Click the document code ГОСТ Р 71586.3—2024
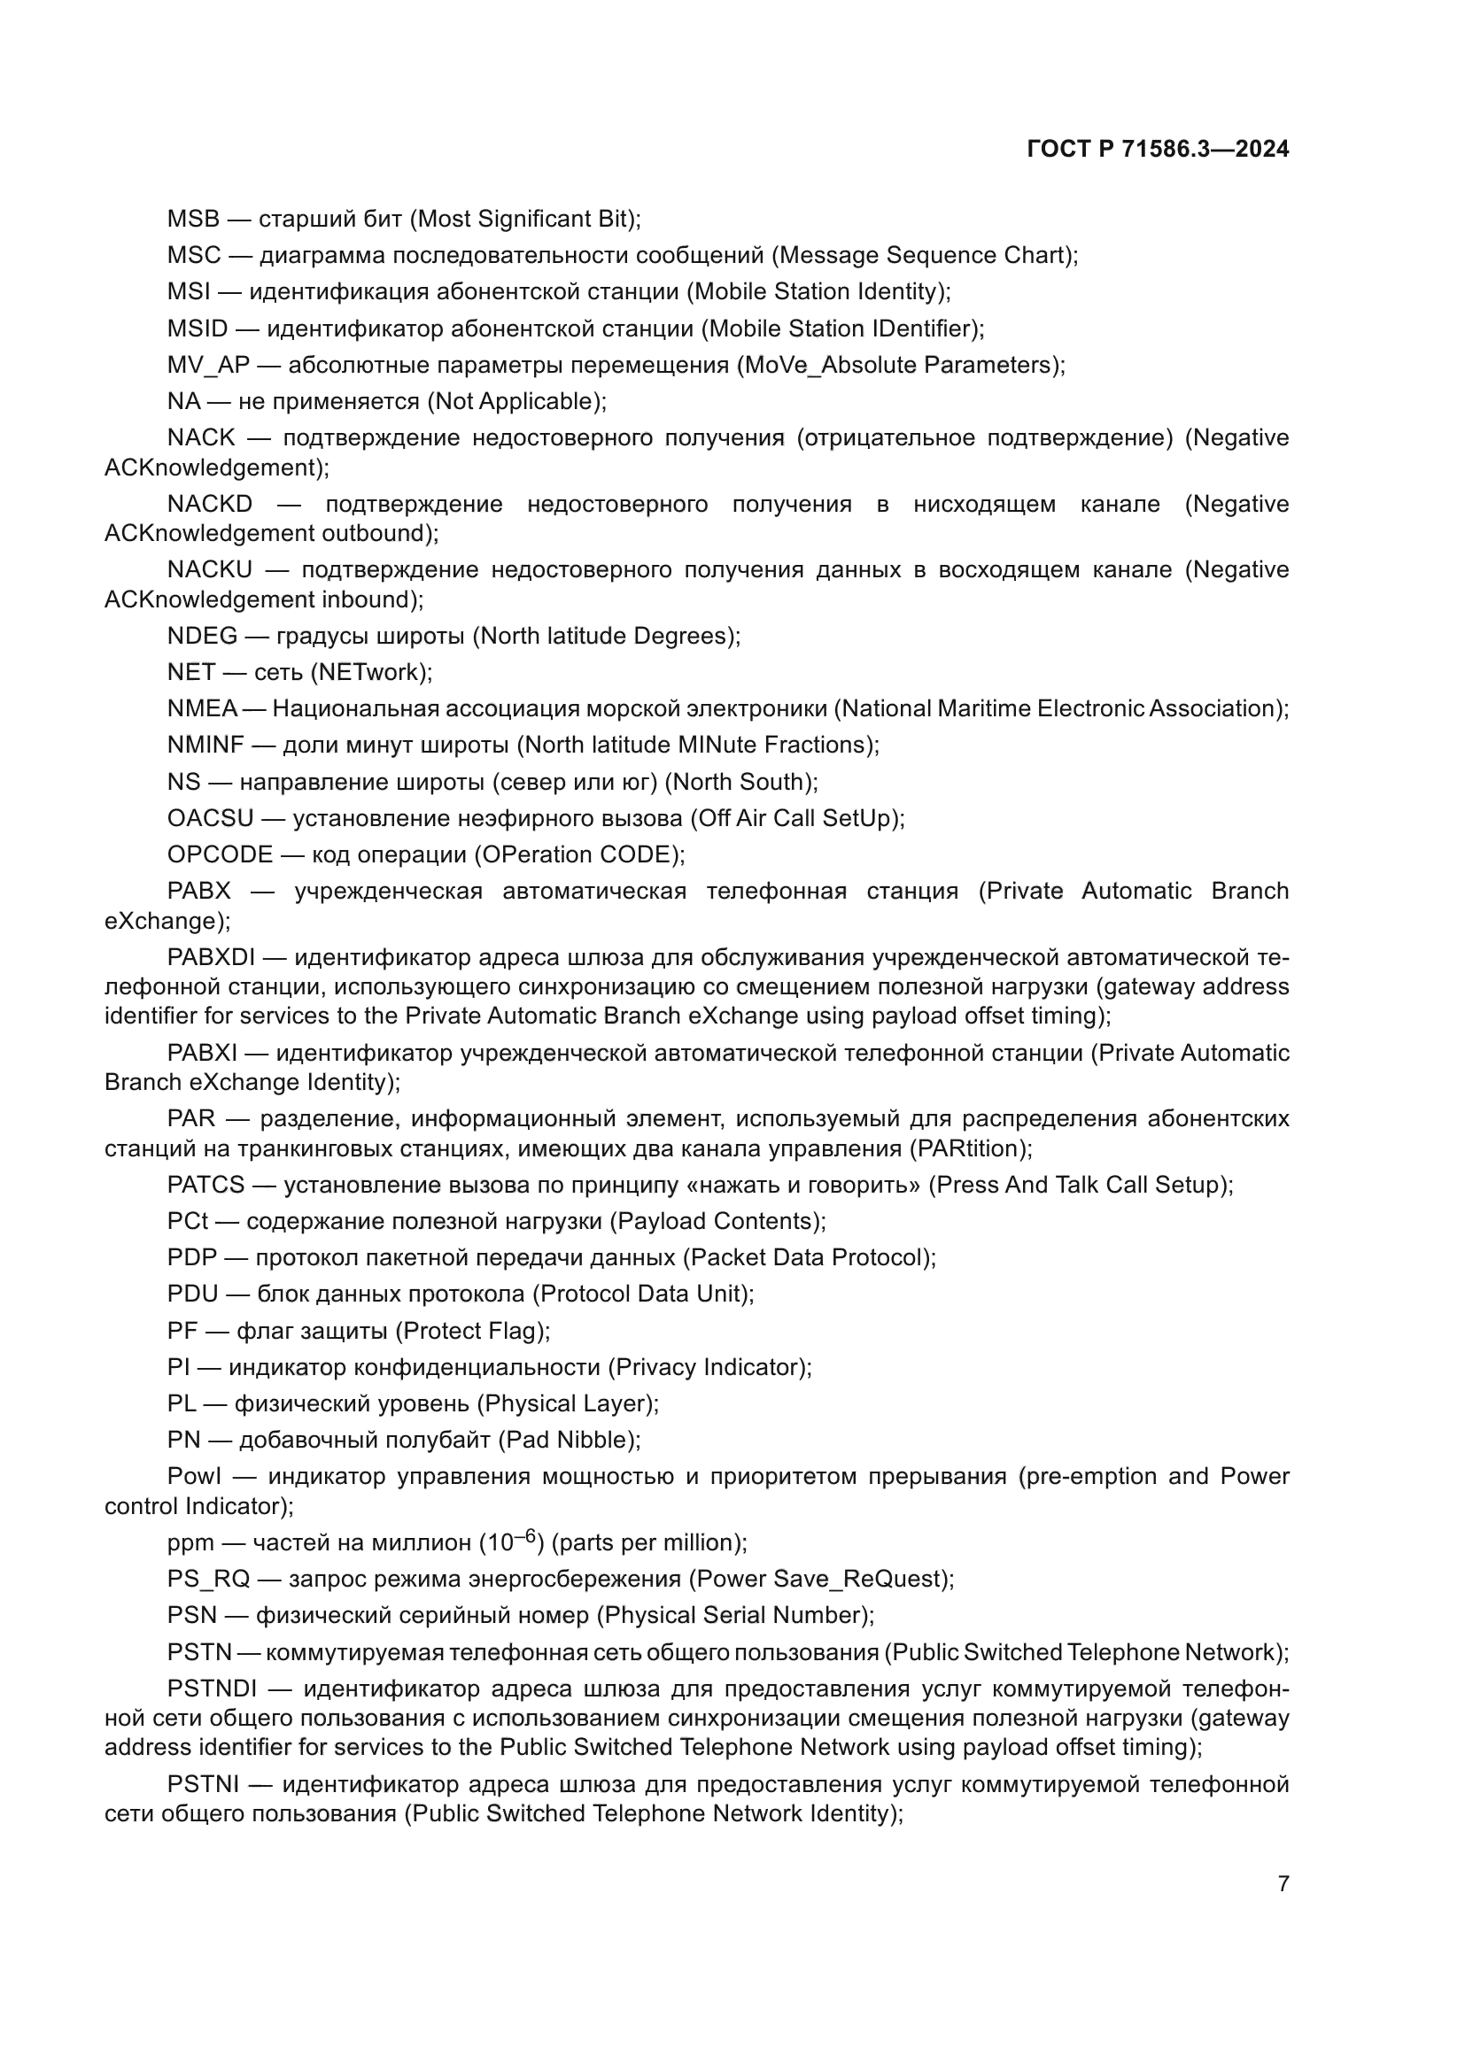pyautogui.click(x=1158, y=150)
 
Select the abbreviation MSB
pyautogui.click(x=193, y=220)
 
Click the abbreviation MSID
pyautogui.click(x=198, y=328)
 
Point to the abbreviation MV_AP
pyautogui.click(x=208, y=366)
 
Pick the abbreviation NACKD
pyautogui.click(x=209, y=504)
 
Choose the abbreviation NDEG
pyautogui.click(x=202, y=636)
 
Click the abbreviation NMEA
pyautogui.click(x=202, y=709)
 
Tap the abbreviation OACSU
pyautogui.click(x=210, y=818)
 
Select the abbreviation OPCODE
pyautogui.click(x=219, y=854)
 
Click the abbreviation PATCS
pyautogui.click(x=205, y=1186)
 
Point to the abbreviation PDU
pyautogui.click(x=192, y=1294)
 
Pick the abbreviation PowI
pyautogui.click(x=193, y=1477)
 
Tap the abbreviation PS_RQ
pyautogui.click(x=207, y=1580)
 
